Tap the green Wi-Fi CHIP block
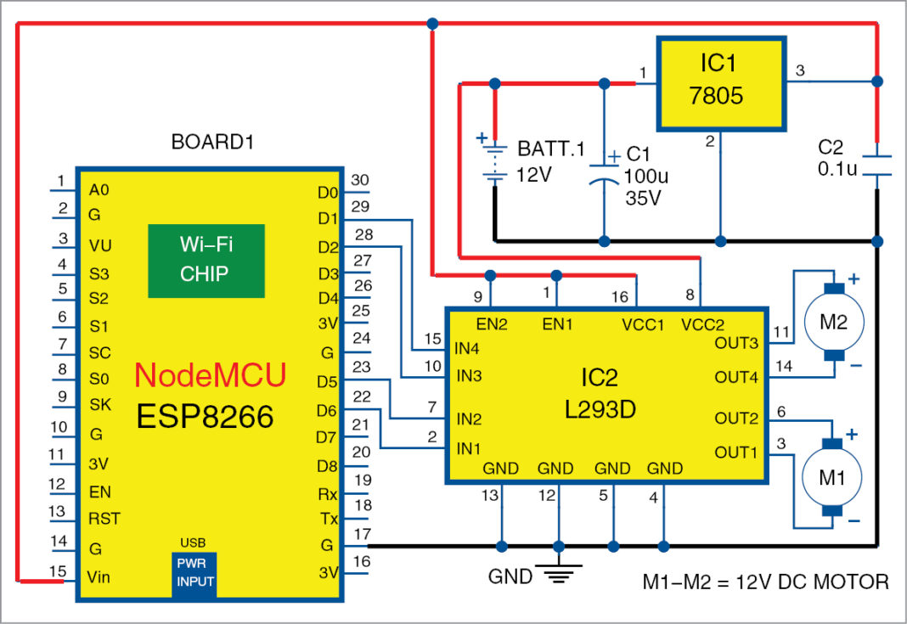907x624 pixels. coord(206,261)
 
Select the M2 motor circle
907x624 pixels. coord(834,322)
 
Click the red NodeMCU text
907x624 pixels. coord(211,374)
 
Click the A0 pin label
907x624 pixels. coord(99,190)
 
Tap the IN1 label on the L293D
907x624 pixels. coord(469,447)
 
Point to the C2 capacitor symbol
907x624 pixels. coord(878,165)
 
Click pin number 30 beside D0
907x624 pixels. coord(359,179)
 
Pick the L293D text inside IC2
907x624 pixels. coord(606,411)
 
